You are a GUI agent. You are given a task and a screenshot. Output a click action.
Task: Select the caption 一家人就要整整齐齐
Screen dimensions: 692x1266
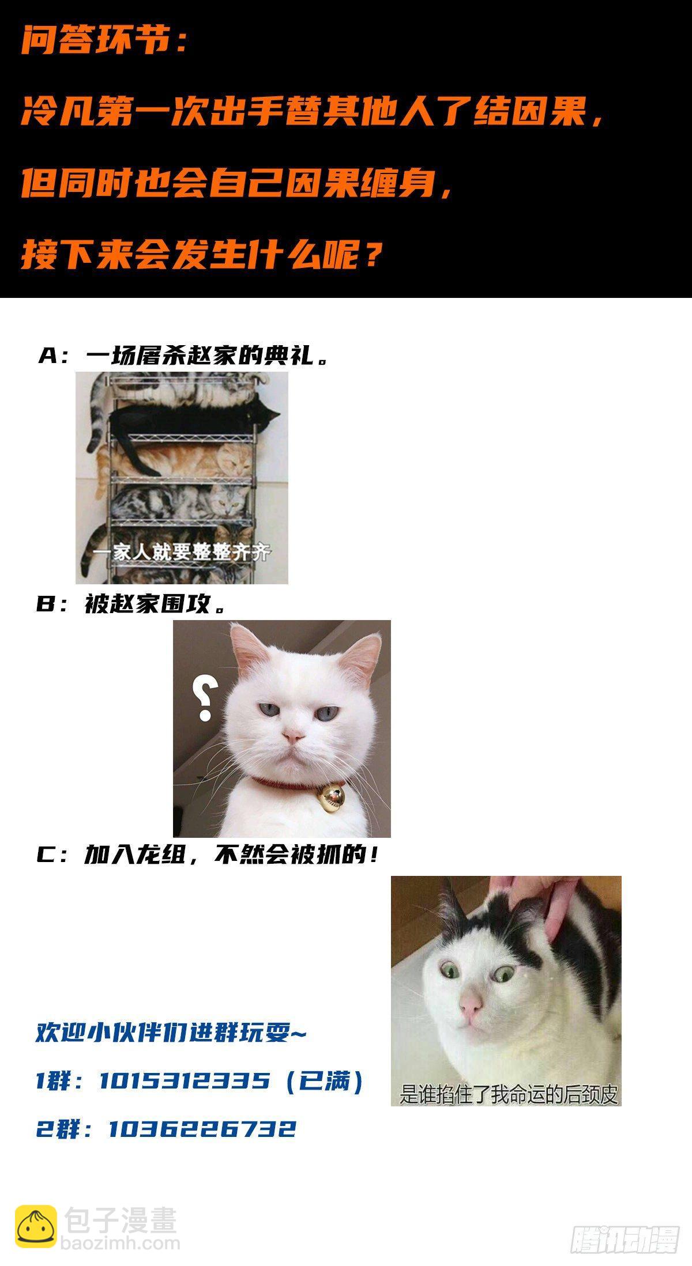click(183, 553)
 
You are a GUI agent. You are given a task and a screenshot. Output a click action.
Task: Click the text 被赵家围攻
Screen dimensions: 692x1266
click(147, 605)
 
